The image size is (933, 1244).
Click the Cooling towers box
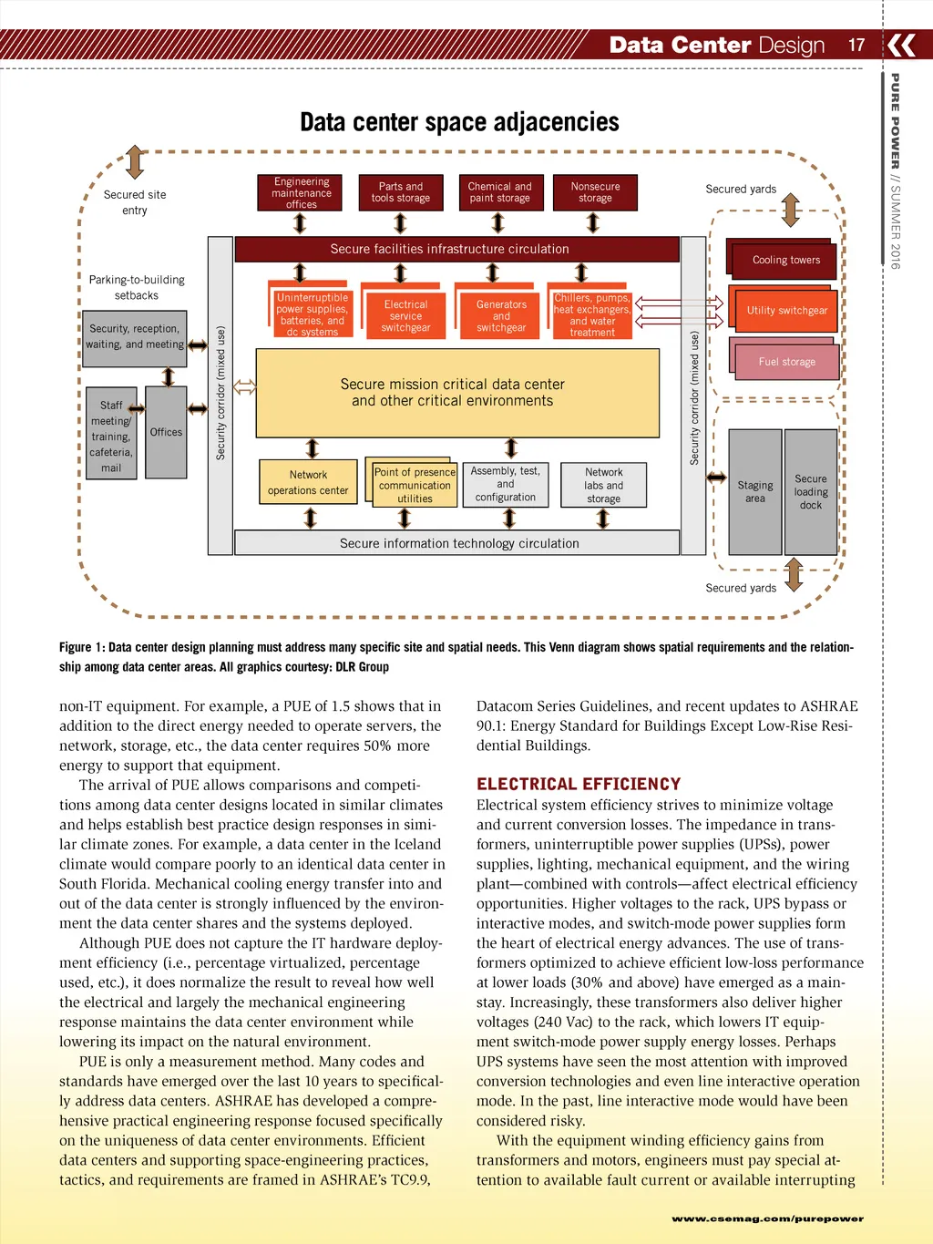coord(785,261)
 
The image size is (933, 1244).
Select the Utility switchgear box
coord(787,311)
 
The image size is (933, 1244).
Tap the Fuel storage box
coord(786,362)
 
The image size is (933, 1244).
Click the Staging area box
coord(755,492)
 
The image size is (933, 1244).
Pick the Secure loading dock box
coord(811,492)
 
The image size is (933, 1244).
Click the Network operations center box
coord(308,483)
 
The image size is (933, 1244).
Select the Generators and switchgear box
coord(501,316)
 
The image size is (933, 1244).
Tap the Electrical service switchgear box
coord(405,316)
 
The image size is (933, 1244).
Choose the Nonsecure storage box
coord(595,192)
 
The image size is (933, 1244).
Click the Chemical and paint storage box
coord(499,192)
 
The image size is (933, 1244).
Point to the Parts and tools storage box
coord(401,192)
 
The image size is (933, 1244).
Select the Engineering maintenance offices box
coord(301,192)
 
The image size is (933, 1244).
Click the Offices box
coord(166,432)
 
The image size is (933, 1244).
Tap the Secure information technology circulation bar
coord(458,543)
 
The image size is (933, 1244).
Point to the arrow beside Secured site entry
coord(135,162)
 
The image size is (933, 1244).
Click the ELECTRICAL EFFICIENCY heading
coord(579,784)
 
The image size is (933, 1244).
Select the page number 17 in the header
coord(856,45)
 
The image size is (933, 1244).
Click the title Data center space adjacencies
coord(459,122)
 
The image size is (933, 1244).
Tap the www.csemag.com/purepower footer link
coord(767,1218)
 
